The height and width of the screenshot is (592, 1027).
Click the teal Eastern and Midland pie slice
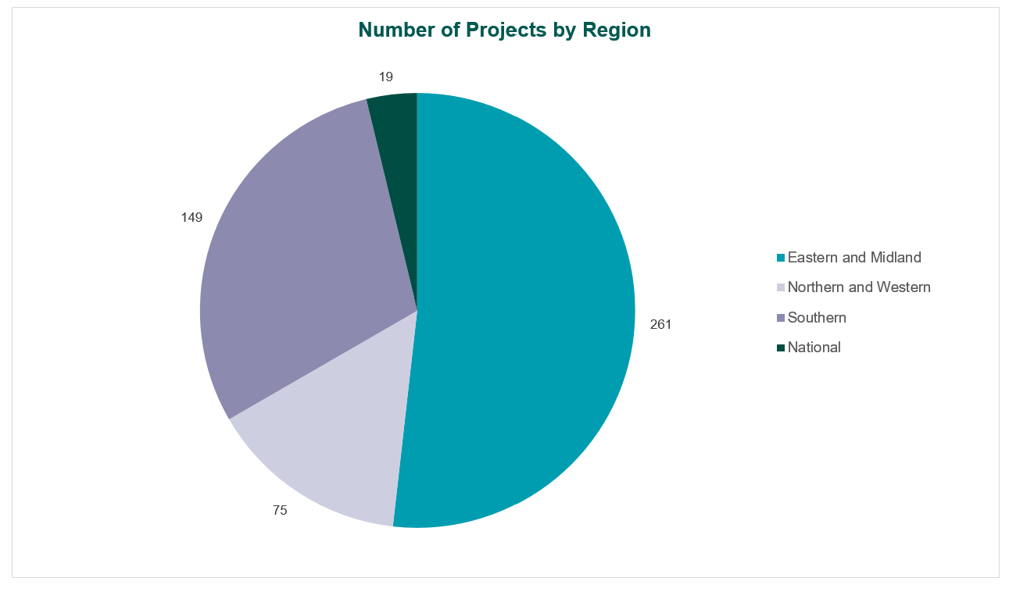[x=524, y=312]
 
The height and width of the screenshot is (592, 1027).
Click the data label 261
[x=660, y=325]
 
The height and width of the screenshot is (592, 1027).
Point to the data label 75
[x=280, y=511]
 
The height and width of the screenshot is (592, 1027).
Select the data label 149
[x=191, y=218]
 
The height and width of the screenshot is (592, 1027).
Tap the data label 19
[x=385, y=77]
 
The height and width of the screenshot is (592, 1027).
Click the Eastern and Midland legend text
[x=854, y=258]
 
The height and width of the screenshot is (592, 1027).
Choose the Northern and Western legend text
[x=859, y=287]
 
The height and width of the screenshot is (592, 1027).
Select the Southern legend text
[x=817, y=318]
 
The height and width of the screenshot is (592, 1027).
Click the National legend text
[x=814, y=348]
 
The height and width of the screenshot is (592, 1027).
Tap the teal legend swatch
[x=780, y=258]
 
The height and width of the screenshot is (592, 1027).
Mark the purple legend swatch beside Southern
[x=780, y=318]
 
